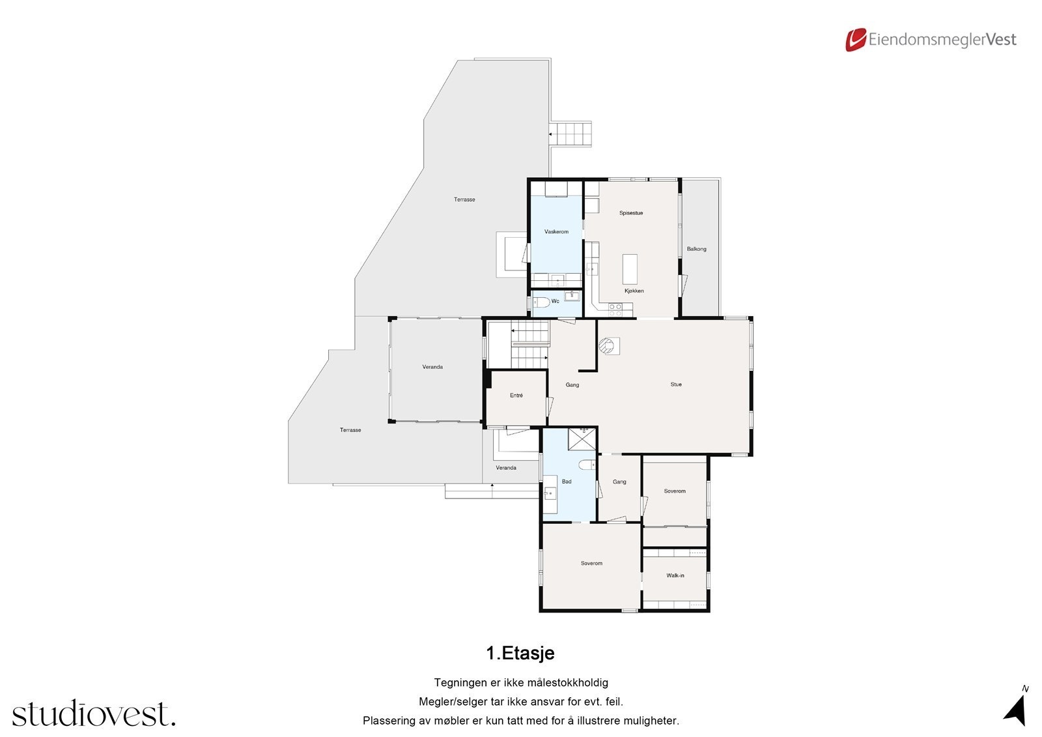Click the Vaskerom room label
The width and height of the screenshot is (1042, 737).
[556, 232]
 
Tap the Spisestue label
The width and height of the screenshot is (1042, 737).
[631, 213]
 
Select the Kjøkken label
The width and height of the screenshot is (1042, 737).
[634, 291]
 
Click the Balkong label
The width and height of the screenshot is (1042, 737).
[696, 249]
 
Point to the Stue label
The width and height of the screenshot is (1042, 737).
[676, 384]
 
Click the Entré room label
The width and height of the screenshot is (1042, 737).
[516, 396]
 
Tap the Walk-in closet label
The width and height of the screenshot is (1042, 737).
[675, 575]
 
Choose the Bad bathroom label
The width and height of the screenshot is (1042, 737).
[567, 482]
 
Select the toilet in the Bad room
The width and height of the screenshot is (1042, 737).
[586, 464]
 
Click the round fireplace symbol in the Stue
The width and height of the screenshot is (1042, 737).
[609, 345]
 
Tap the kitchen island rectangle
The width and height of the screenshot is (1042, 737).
[630, 267]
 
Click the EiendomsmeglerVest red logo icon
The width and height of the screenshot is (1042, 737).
[856, 40]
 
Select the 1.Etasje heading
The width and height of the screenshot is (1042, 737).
[520, 653]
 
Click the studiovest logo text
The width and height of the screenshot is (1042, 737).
[93, 714]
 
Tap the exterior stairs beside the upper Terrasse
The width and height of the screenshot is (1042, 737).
[571, 134]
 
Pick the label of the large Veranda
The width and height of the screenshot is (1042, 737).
[432, 367]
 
